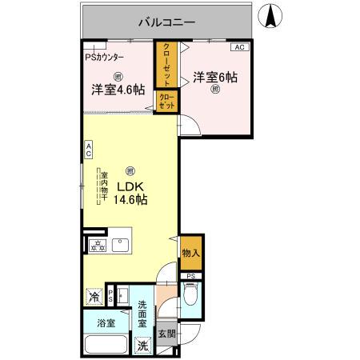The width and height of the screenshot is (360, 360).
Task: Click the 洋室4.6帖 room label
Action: [x=117, y=90]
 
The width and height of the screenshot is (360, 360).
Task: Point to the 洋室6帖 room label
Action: [x=214, y=78]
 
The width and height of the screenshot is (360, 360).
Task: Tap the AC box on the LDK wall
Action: [x=89, y=149]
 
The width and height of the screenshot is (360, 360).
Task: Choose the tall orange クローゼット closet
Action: [x=166, y=63]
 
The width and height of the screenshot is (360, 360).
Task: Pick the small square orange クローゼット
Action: [x=166, y=102]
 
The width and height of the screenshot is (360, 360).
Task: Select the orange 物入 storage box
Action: [x=190, y=253]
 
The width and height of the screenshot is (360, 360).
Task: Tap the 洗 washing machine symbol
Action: [x=141, y=346]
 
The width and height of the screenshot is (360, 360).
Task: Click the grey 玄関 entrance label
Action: [x=165, y=334]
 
